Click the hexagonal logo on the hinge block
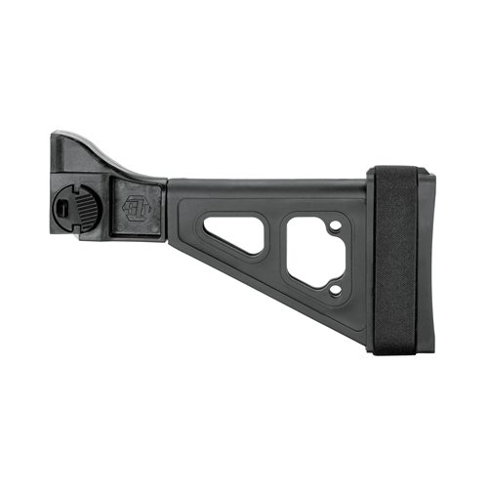point(136,207)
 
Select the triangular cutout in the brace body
point(235,231)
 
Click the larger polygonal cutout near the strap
point(310,253)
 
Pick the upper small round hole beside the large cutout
point(336,227)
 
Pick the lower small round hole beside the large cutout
point(336,288)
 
